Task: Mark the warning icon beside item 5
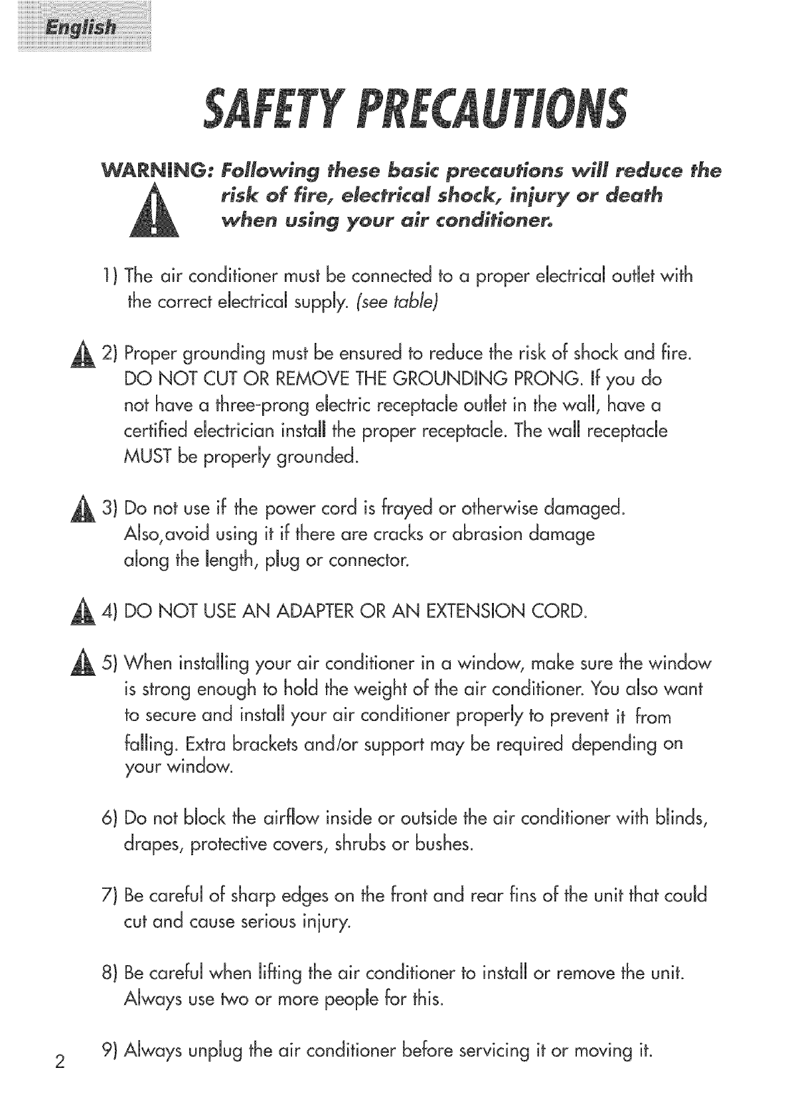90,665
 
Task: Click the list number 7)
111,896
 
